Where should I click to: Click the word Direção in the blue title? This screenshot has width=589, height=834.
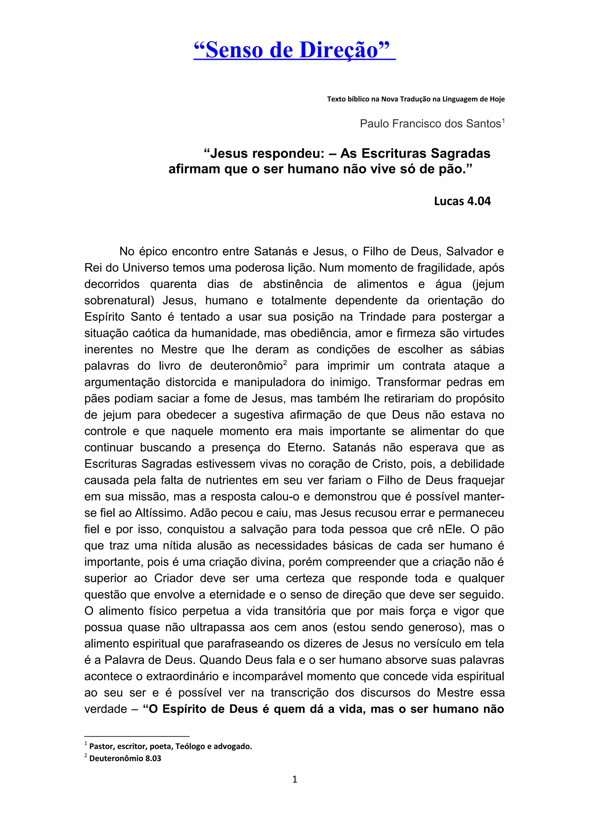click(x=339, y=50)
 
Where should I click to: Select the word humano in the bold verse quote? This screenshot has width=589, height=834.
click(x=310, y=169)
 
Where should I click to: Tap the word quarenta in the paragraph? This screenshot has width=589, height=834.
click(x=173, y=284)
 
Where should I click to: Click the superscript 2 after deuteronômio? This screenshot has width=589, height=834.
click(x=285, y=363)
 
